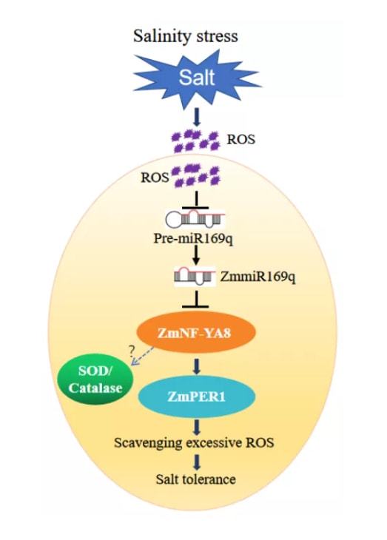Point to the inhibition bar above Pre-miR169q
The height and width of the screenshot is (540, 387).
[197, 202]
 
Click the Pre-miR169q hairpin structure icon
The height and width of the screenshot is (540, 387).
[196, 220]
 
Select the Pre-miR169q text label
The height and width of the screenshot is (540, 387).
[196, 239]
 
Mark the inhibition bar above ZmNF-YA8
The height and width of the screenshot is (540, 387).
[197, 302]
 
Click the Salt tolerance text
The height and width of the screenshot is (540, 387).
[195, 479]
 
